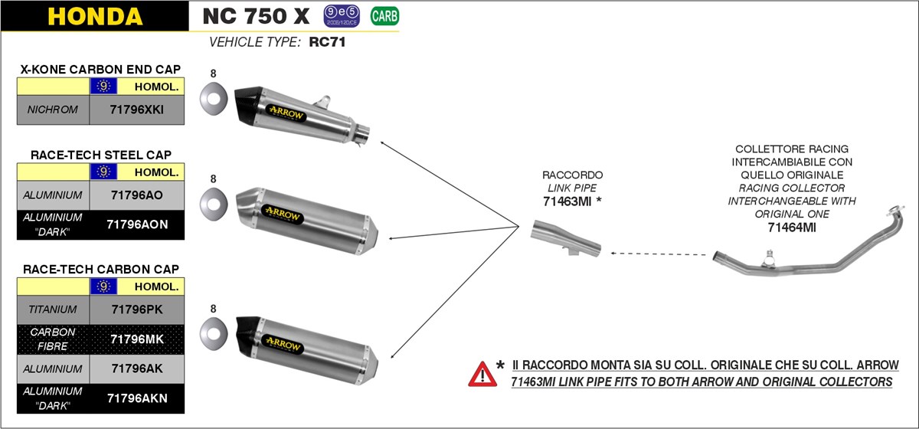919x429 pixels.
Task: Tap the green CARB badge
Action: coord(384,15)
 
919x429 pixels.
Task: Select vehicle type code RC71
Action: coord(328,43)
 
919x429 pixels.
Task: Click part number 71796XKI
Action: coord(138,110)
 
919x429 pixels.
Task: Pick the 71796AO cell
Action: coord(138,195)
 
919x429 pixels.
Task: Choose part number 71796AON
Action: coord(138,224)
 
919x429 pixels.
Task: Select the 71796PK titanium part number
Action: coord(138,309)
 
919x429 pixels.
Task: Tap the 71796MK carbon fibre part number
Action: coord(138,339)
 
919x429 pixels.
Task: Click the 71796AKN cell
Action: coord(138,398)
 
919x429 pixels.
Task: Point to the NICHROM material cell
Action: coord(53,110)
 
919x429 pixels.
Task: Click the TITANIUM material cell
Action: coord(53,309)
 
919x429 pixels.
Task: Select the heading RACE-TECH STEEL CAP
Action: coord(101,155)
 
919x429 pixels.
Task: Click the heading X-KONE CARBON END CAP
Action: coord(101,69)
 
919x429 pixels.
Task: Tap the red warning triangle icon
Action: coord(482,373)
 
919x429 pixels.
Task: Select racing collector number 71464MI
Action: coord(791,227)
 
